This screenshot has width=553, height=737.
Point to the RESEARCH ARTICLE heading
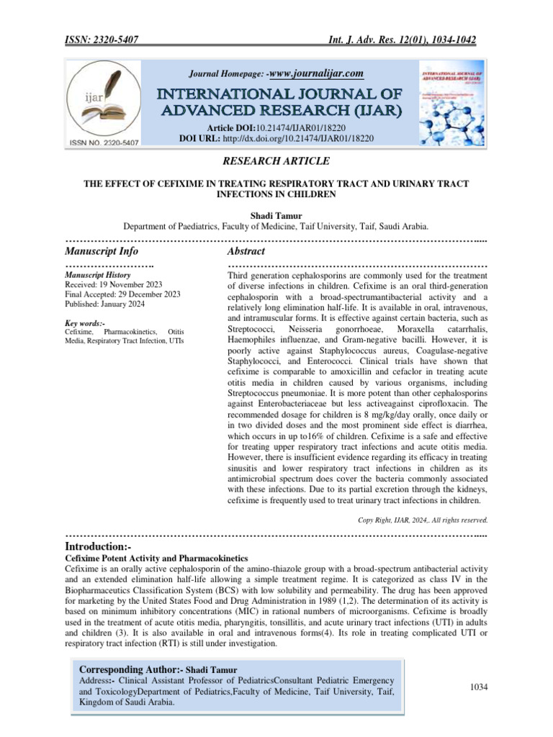(276, 161)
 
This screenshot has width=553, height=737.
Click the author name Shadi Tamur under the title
(276, 214)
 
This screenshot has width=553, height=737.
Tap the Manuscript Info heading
(102, 251)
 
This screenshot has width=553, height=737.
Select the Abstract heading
(246, 251)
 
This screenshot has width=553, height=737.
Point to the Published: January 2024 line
(104, 304)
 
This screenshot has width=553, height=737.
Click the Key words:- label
(84, 324)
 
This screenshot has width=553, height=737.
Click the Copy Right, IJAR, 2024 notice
(423, 519)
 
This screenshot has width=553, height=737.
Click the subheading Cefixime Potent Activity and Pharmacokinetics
(156, 559)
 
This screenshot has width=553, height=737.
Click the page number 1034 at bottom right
(479, 687)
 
